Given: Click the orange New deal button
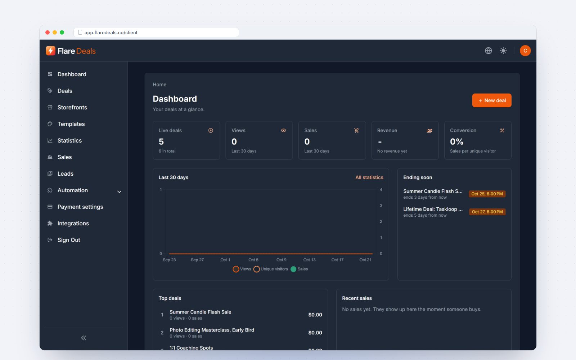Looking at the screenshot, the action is [492, 100].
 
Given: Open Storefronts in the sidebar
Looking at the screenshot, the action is [72, 107].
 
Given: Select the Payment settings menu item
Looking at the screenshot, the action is [80, 207].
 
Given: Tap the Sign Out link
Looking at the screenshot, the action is [69, 240].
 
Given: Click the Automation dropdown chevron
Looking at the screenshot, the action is [119, 192].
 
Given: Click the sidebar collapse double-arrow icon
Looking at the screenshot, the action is [84, 338].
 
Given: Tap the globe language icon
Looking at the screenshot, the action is [488, 51].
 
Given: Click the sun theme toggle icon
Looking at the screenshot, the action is [503, 51].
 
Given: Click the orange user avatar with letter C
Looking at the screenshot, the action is [525, 51].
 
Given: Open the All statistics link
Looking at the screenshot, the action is [369, 177].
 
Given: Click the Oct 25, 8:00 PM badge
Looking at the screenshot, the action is [487, 194].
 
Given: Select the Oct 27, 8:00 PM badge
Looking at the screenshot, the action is [487, 212].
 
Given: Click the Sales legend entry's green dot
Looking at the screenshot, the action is [293, 269].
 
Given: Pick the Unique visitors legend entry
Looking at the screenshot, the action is [270, 269].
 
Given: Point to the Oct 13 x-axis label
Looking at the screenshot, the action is [309, 260].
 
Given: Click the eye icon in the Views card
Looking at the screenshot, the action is [283, 130].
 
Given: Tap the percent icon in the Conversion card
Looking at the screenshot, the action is [502, 130].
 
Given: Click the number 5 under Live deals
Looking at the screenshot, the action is [161, 141].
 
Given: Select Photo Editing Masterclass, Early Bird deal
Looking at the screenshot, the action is [212, 330].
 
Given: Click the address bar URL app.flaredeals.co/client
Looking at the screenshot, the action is [111, 32].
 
